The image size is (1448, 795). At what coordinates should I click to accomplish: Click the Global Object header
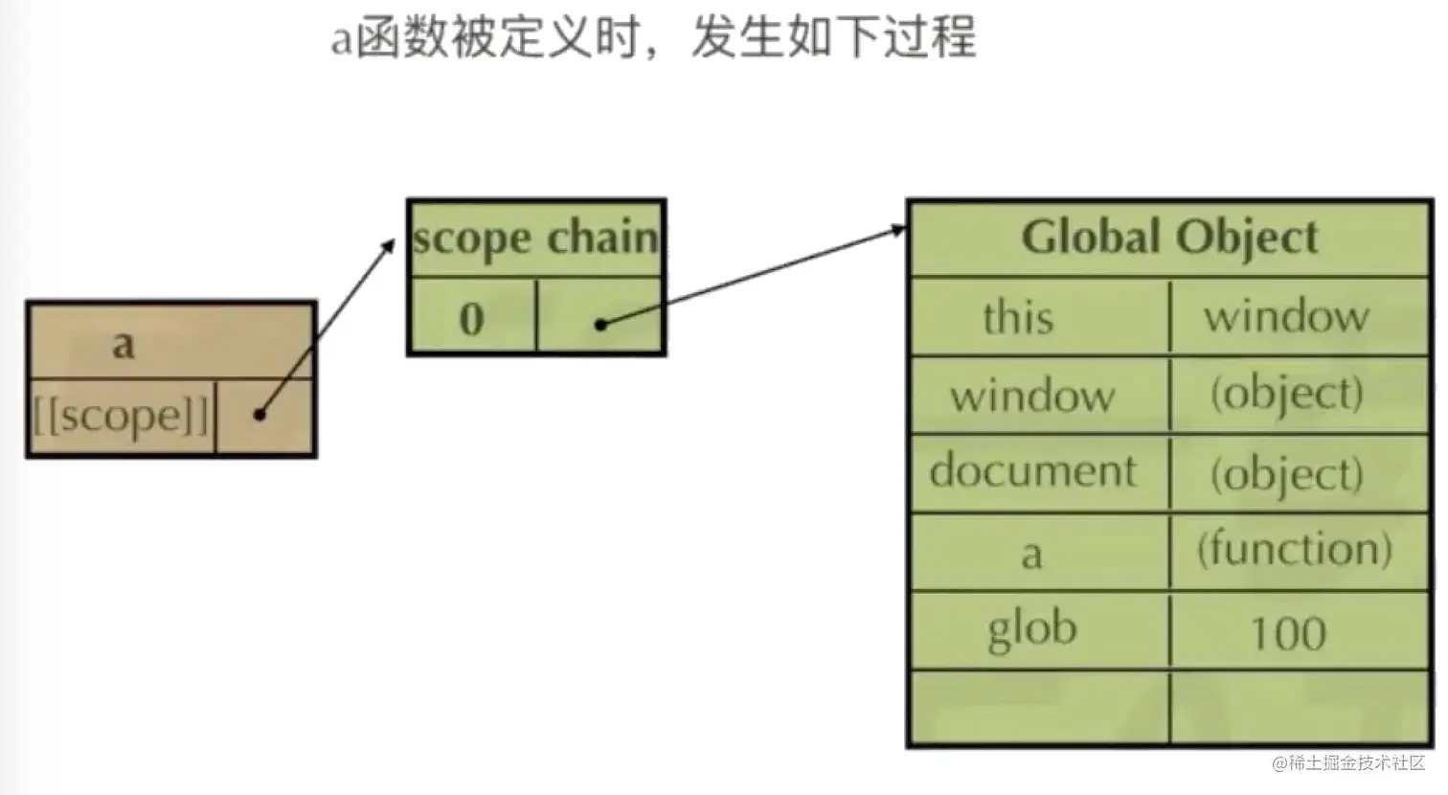point(1169,238)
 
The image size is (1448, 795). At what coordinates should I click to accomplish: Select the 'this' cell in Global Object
point(1018,317)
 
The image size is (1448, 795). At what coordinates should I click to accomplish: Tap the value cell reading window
point(1286,316)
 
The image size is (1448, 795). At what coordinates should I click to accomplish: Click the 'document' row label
point(1032,471)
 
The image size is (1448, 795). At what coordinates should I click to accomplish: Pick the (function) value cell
point(1294,550)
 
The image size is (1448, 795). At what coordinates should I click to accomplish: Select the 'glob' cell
point(1031,629)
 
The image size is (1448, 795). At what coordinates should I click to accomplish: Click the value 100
point(1288,633)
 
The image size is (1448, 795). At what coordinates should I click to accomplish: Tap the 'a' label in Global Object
point(1031,554)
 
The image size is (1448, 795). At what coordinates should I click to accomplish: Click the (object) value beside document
point(1286,473)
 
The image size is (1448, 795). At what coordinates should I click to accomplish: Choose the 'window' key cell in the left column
point(1032,395)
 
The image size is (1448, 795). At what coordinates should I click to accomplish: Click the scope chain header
point(536,238)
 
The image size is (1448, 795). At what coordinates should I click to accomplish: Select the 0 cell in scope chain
point(471,318)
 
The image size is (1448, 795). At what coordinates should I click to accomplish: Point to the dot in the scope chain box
point(600,325)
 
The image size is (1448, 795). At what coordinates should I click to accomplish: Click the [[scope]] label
point(121,416)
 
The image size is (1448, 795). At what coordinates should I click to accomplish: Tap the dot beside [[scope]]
point(260,415)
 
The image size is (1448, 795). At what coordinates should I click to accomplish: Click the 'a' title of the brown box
point(124,343)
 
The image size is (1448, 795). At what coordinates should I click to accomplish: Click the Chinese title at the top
point(653,38)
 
